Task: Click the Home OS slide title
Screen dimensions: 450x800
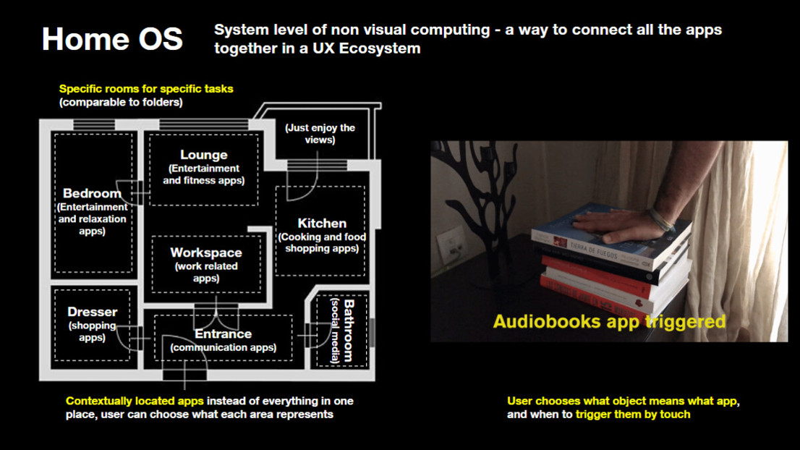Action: coord(112,38)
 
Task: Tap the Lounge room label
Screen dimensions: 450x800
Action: coord(204,155)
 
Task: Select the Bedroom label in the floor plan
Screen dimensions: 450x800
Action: coord(92,193)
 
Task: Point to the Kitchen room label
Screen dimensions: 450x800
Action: coord(322,223)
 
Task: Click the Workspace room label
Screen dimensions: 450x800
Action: coord(206,252)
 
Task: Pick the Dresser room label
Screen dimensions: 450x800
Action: coord(92,312)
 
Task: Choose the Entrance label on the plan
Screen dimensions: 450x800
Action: coord(223,334)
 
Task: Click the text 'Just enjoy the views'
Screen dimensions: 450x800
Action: coord(320,133)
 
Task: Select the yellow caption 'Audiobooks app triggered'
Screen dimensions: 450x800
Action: coord(609,320)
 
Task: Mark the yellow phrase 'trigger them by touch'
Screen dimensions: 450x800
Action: coord(633,415)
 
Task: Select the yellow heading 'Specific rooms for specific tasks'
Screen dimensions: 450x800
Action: coord(146,89)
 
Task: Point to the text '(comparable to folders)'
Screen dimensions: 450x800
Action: coord(121,103)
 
